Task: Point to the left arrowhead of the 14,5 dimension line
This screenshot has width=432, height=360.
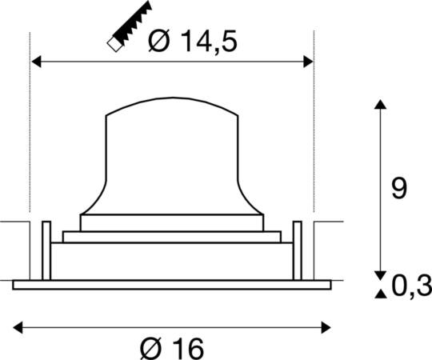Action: pos(36,61)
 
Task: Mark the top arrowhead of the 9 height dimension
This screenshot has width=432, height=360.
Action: pos(379,106)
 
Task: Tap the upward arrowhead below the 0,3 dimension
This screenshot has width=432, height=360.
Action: pos(379,294)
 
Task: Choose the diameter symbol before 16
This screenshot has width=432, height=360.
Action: pos(151,348)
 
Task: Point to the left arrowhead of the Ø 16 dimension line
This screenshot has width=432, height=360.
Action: pos(18,326)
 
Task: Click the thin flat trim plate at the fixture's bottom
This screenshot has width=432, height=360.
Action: pos(171,284)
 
